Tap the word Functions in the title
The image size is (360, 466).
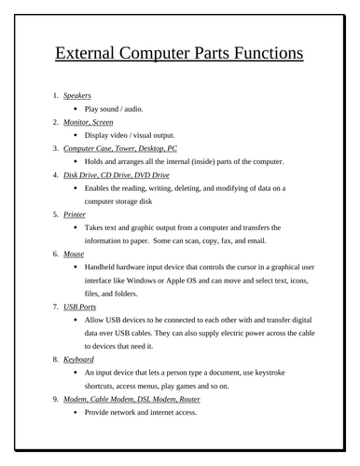pyautogui.click(x=264, y=53)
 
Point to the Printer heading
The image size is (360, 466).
pyautogui.click(x=75, y=213)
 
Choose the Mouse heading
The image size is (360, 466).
pyautogui.click(x=74, y=253)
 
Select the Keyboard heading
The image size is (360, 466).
pyautogui.click(x=81, y=358)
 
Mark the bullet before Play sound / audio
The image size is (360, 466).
pyautogui.click(x=76, y=109)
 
